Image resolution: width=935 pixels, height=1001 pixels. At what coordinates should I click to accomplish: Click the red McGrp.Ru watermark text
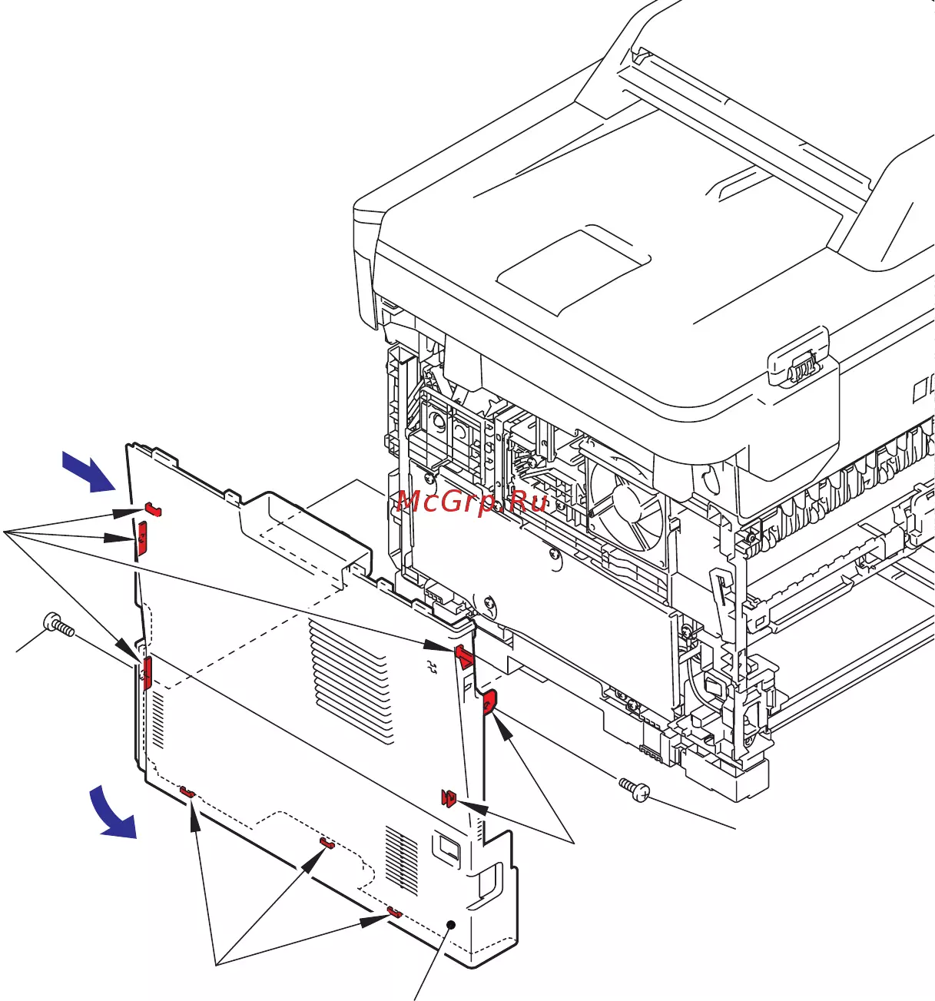click(472, 502)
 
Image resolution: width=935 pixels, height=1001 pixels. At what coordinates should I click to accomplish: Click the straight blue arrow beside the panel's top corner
click(90, 471)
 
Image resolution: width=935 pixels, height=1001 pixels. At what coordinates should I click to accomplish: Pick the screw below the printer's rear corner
click(635, 790)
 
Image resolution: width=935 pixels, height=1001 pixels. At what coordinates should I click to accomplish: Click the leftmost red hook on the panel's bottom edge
click(187, 791)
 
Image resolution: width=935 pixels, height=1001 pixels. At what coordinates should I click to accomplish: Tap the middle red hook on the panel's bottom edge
click(327, 844)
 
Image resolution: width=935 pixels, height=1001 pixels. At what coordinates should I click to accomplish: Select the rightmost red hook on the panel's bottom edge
click(394, 911)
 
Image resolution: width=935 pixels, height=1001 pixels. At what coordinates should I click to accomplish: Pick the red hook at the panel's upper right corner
click(465, 657)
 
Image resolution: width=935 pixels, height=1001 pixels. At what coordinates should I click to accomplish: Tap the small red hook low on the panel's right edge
click(449, 798)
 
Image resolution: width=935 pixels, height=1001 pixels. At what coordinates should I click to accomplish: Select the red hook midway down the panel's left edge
click(146, 673)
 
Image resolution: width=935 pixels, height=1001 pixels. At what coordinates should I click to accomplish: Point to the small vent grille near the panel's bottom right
click(402, 861)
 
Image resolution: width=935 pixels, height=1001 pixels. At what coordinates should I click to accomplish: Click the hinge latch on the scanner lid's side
click(801, 368)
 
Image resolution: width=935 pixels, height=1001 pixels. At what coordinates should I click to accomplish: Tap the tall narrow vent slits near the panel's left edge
click(157, 719)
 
